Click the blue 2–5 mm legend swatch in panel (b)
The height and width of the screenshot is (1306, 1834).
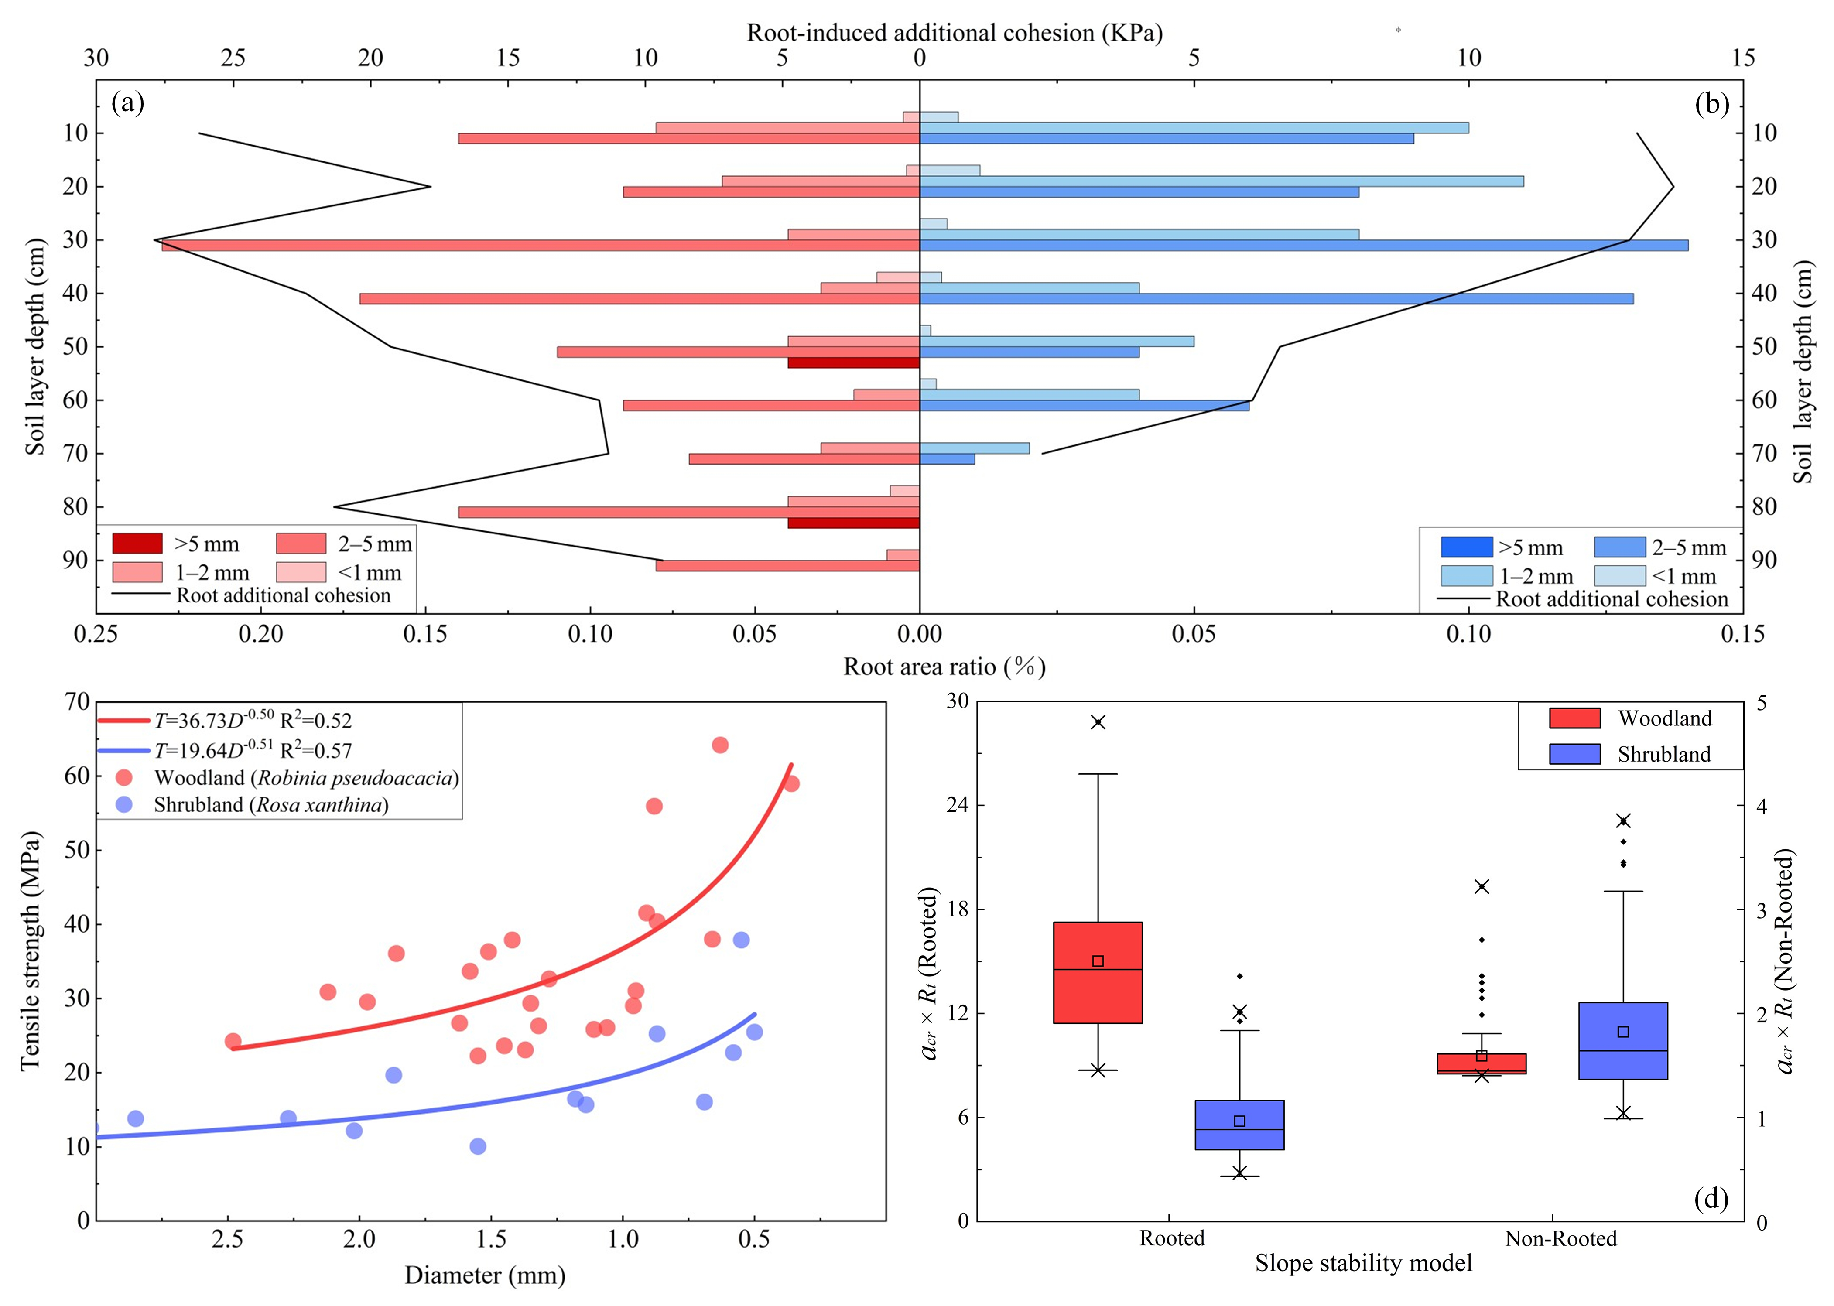click(1619, 547)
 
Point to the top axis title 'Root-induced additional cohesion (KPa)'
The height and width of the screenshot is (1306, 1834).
click(955, 33)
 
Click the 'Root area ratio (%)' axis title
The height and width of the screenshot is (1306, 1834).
click(944, 667)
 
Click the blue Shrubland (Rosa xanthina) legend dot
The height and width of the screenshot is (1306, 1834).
click(124, 805)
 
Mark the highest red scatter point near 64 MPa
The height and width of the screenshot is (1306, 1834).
click(720, 745)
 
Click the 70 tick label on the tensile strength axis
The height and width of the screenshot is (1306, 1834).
click(77, 702)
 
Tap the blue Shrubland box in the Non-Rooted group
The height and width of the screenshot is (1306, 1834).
click(1622, 1041)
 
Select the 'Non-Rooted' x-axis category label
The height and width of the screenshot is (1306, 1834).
click(1560, 1238)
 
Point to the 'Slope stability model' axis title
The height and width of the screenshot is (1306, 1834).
click(1364, 1263)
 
